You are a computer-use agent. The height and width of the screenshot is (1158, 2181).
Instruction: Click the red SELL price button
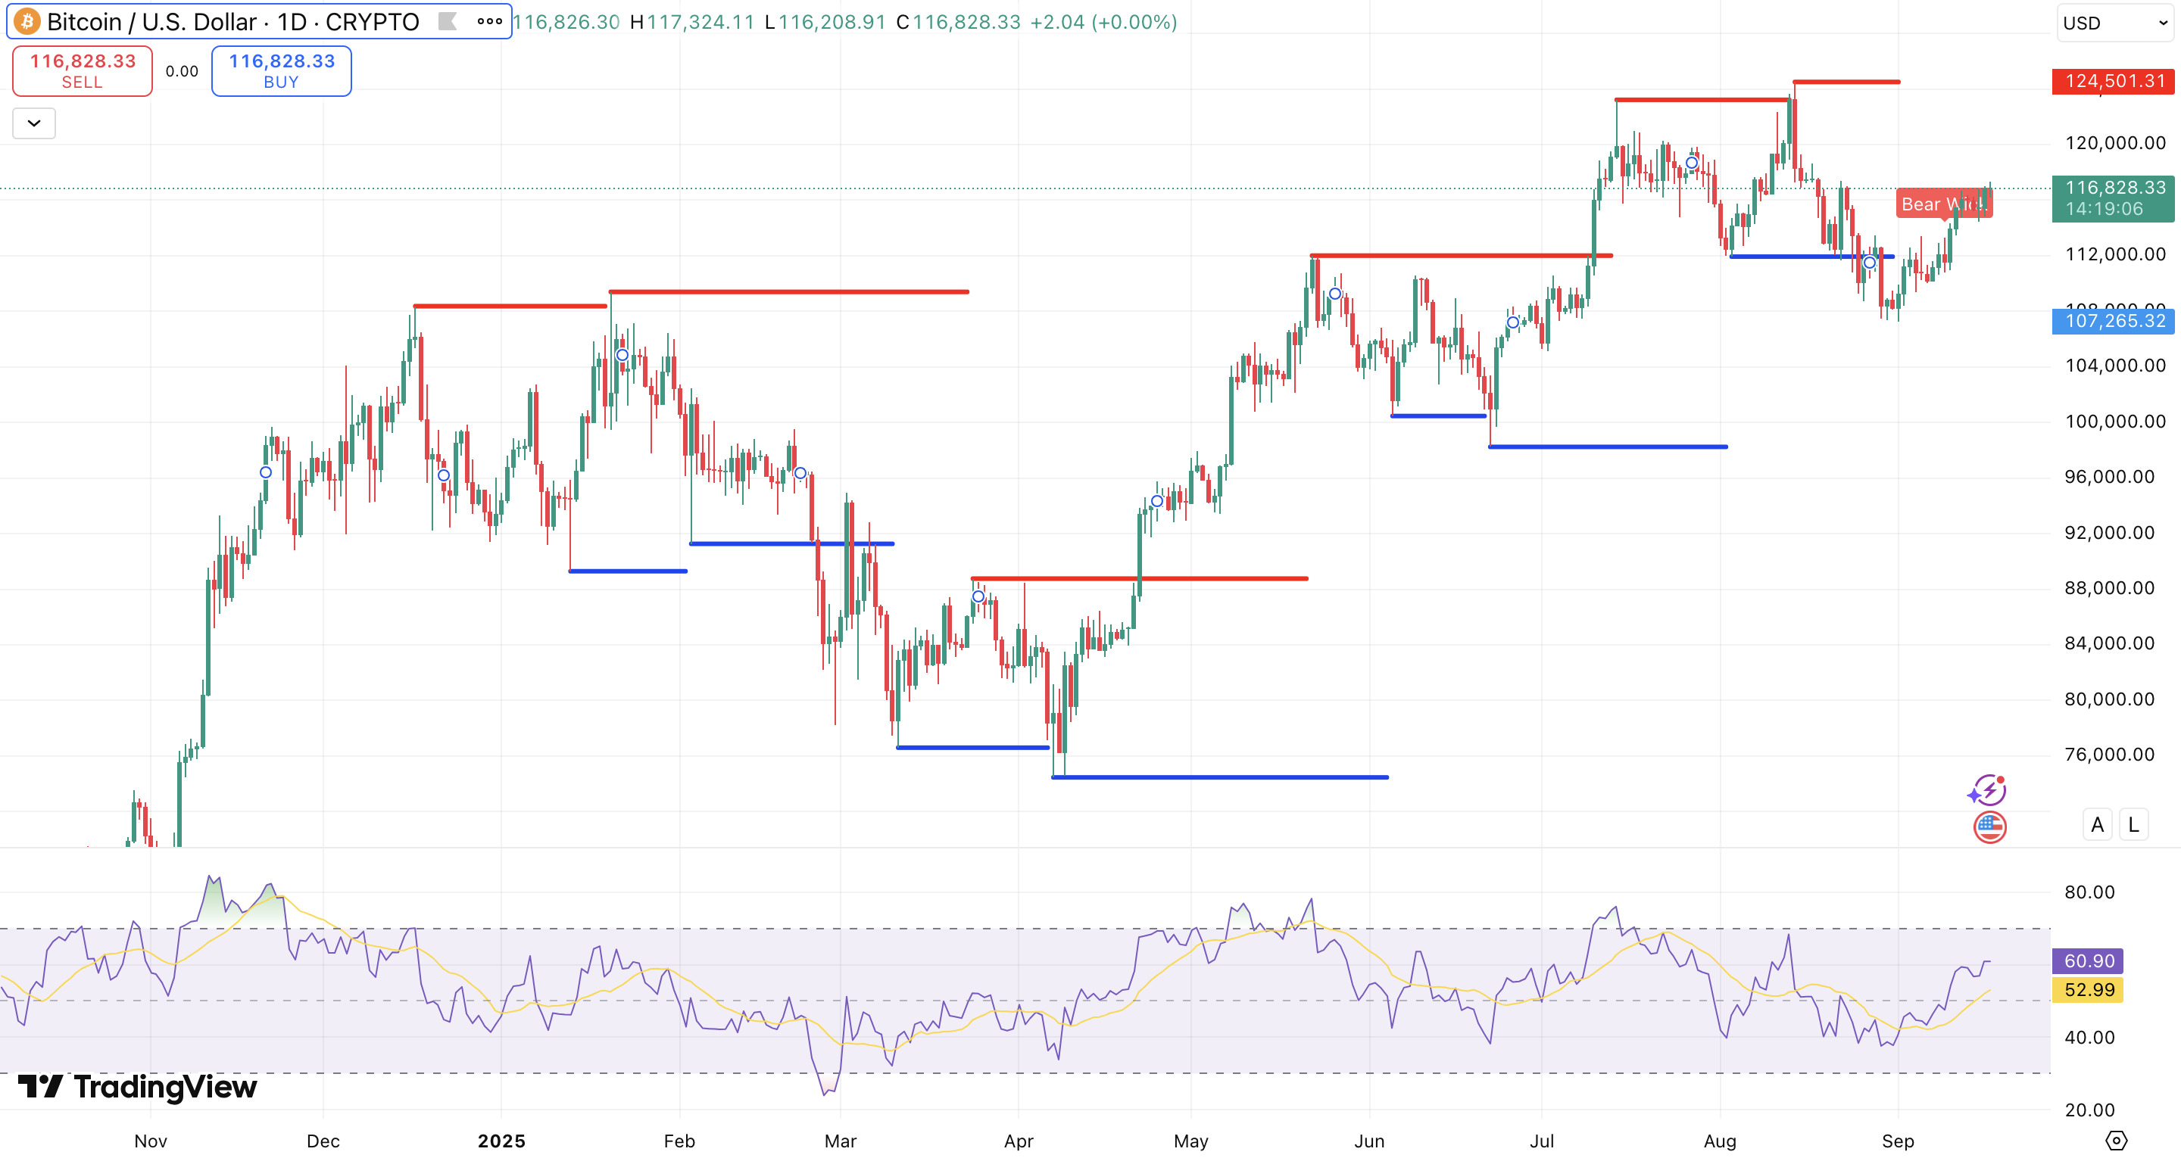click(82, 71)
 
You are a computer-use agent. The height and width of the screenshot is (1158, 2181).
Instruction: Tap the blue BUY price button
click(281, 71)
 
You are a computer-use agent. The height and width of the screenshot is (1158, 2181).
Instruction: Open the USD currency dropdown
click(2114, 23)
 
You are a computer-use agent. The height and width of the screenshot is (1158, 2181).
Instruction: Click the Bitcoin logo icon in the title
click(27, 21)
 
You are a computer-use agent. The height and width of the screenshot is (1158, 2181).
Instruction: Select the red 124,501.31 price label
click(2114, 81)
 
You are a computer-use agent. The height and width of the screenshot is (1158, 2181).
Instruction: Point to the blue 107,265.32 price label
click(2114, 321)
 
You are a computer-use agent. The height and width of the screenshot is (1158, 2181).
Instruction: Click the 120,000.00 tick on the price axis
click(2114, 143)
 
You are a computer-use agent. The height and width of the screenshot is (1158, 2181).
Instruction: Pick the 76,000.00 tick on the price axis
click(2109, 755)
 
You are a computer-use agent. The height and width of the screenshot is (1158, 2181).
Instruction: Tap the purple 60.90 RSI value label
click(2088, 960)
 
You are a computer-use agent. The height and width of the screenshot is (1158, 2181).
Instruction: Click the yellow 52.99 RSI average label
click(2088, 989)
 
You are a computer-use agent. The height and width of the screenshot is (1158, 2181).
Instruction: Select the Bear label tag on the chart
click(1943, 204)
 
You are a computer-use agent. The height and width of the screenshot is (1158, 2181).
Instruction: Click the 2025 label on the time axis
click(501, 1141)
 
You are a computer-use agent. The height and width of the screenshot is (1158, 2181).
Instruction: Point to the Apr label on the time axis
click(1019, 1141)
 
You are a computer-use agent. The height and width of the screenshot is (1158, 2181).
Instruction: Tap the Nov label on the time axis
click(151, 1141)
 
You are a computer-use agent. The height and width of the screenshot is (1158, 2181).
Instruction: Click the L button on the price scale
click(2133, 824)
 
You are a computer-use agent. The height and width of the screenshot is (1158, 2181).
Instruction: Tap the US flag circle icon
click(1989, 827)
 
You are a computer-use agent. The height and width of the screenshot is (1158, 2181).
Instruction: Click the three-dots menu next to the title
click(489, 22)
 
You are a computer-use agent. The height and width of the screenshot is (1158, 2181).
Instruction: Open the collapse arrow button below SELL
click(34, 123)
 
